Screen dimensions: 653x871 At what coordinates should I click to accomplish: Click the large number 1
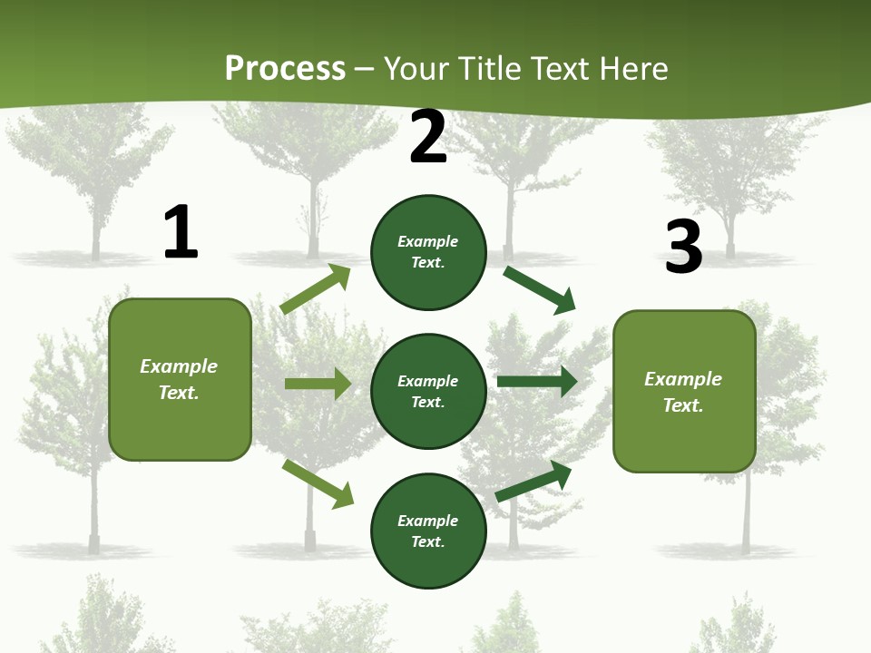point(181,233)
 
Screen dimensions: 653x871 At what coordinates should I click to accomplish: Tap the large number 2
point(428,138)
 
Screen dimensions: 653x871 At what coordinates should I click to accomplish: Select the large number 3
point(683,248)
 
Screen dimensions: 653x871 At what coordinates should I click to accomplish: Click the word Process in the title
point(285,68)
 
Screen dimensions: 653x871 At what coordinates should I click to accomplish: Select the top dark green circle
point(428,252)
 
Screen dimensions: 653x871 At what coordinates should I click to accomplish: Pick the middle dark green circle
point(428,391)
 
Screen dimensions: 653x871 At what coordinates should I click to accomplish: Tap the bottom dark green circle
point(428,531)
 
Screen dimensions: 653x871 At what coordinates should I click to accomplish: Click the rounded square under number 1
point(180,379)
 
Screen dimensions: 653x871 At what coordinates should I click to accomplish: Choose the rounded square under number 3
point(684,391)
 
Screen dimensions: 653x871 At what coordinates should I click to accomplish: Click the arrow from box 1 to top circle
point(316,289)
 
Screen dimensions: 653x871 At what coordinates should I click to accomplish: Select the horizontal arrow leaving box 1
point(318,384)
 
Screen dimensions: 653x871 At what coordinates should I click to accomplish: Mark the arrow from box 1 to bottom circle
point(318,483)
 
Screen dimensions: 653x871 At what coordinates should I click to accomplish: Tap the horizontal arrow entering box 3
point(537,382)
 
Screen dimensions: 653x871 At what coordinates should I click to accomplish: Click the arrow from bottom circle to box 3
point(533,481)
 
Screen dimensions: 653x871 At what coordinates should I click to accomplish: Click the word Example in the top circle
point(428,242)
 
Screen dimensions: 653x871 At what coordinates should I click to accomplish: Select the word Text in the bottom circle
point(426,541)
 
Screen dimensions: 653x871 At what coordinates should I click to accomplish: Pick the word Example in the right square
point(683,379)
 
